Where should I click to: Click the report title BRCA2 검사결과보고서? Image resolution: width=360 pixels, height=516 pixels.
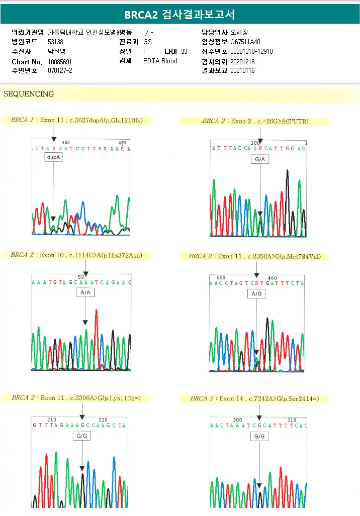pyautogui.click(x=179, y=14)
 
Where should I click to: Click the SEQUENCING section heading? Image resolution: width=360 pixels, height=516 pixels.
pyautogui.click(x=28, y=94)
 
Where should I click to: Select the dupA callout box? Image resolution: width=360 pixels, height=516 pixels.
pyautogui.click(x=53, y=157)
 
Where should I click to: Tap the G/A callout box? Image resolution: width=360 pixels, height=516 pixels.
pyautogui.click(x=260, y=159)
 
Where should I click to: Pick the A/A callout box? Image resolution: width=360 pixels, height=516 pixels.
pyautogui.click(x=85, y=292)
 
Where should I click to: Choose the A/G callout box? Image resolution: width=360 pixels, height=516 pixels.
pyautogui.click(x=256, y=293)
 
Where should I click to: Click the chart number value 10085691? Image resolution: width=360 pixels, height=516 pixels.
pyautogui.click(x=59, y=61)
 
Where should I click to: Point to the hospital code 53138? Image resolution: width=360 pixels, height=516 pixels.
pyautogui.click(x=55, y=42)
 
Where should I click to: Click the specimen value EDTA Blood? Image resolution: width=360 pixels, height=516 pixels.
pyautogui.click(x=160, y=61)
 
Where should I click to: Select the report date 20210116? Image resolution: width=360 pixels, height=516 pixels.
pyautogui.click(x=242, y=70)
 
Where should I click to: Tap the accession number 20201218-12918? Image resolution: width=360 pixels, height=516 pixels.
pyautogui.click(x=251, y=51)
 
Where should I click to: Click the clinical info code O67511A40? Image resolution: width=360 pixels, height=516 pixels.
pyautogui.click(x=245, y=42)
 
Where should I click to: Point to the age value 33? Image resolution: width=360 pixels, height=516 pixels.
pyautogui.click(x=184, y=51)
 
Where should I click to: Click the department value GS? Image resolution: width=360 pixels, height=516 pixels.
pyautogui.click(x=147, y=42)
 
